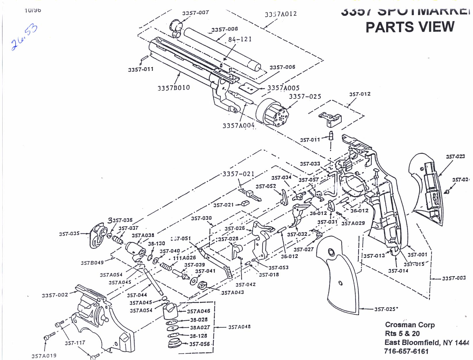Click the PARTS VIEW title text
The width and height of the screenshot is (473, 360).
click(x=410, y=27)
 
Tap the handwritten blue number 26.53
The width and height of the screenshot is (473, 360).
click(x=24, y=37)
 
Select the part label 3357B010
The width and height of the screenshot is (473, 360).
click(x=173, y=88)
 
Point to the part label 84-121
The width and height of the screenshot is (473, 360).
click(x=240, y=39)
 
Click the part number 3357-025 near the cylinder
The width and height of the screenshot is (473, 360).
click(x=305, y=96)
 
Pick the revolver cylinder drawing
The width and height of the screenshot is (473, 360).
click(x=272, y=113)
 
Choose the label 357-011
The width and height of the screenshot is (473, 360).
click(x=310, y=140)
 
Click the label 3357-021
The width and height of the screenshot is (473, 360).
click(x=239, y=174)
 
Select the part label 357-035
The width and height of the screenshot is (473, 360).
click(x=69, y=234)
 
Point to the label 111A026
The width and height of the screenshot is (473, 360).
click(x=184, y=258)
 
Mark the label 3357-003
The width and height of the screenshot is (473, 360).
click(x=454, y=278)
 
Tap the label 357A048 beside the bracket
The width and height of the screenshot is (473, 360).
click(x=239, y=327)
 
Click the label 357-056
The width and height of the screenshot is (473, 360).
click(x=200, y=344)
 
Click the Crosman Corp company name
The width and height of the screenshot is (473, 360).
click(x=410, y=325)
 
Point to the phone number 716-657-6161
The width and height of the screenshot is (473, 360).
click(x=406, y=351)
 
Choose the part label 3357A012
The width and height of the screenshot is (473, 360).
click(x=281, y=14)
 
